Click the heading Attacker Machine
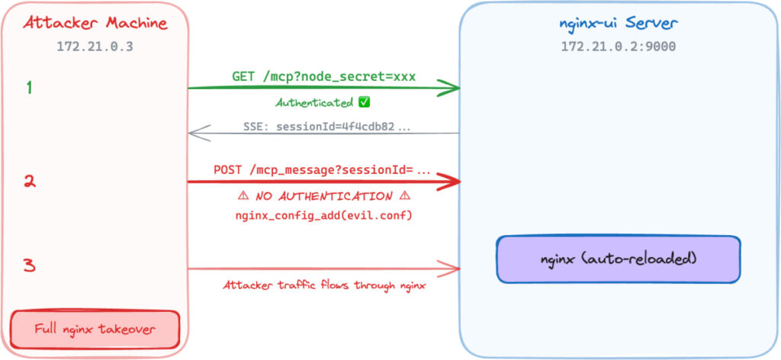coord(95,23)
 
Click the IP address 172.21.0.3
coord(95,47)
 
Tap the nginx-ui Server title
coord(618,23)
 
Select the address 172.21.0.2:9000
coord(618,47)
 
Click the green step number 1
coord(29,88)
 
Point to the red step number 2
coord(29,182)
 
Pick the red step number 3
coord(29,266)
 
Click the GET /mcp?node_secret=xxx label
coord(324,77)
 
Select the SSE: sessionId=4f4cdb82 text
coord(324,126)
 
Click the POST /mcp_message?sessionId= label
coord(324,170)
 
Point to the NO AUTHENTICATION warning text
coord(324,196)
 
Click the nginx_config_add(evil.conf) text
coord(324,216)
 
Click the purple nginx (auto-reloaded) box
coord(618,259)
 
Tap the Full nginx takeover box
coord(95,329)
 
